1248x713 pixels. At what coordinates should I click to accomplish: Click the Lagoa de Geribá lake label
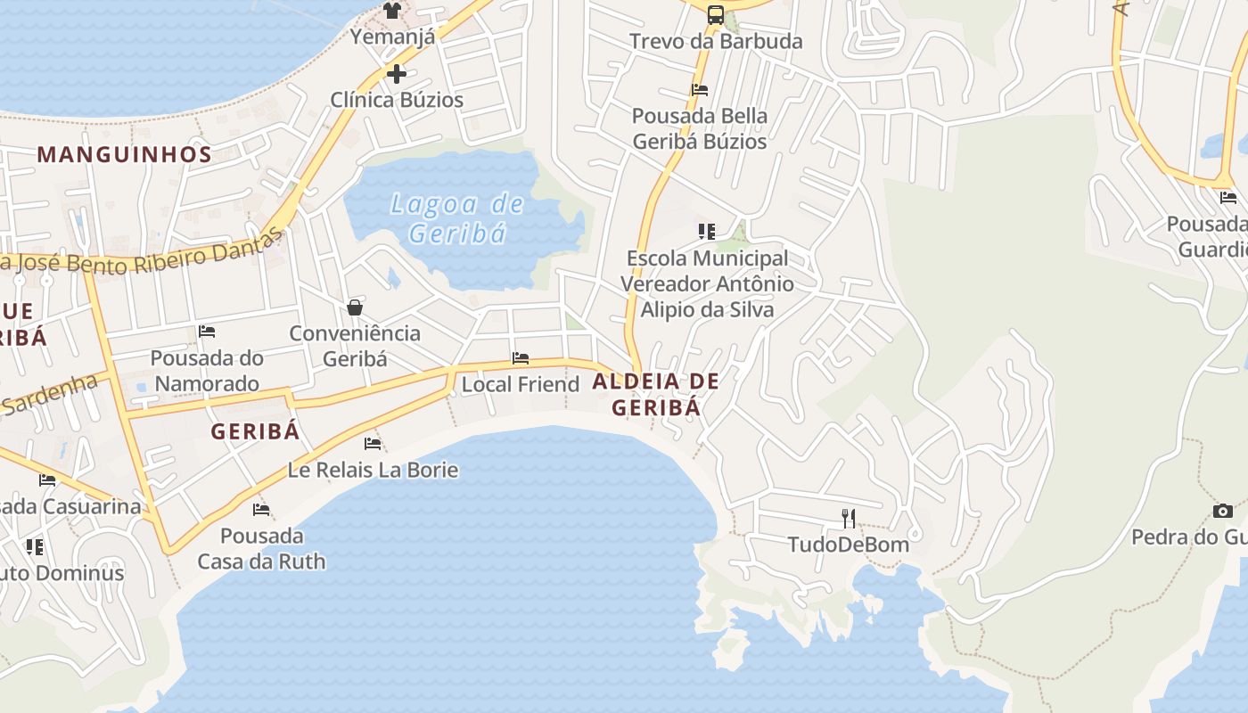tap(457, 218)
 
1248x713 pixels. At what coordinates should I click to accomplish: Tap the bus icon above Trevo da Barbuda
tap(716, 14)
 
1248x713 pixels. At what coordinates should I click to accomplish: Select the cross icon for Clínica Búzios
tap(397, 73)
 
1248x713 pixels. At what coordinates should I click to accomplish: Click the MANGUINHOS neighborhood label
tap(125, 154)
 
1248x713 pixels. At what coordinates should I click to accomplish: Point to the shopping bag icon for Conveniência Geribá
tap(355, 307)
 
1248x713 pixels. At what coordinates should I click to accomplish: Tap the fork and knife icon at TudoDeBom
tap(849, 518)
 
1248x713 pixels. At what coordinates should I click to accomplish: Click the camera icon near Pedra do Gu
tap(1223, 511)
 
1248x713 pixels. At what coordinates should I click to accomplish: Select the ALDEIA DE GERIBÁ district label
tap(655, 394)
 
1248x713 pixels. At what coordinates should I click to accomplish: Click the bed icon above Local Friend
tap(521, 358)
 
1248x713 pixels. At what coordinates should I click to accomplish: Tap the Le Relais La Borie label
tap(373, 470)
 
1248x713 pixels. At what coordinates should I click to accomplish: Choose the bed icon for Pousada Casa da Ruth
tap(261, 510)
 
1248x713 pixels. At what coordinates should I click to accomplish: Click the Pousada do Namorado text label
tap(206, 371)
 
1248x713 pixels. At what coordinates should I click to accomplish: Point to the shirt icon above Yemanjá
tap(392, 11)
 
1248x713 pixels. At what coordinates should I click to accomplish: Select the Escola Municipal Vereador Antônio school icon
tap(707, 232)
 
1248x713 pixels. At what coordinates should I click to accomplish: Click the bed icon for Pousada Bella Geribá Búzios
tap(700, 89)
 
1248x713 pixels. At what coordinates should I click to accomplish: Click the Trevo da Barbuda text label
tap(716, 41)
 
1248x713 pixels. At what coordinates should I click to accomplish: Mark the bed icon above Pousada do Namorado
tap(207, 332)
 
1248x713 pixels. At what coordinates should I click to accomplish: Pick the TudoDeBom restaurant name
tap(848, 544)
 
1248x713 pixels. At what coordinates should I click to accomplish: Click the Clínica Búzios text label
tap(397, 100)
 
